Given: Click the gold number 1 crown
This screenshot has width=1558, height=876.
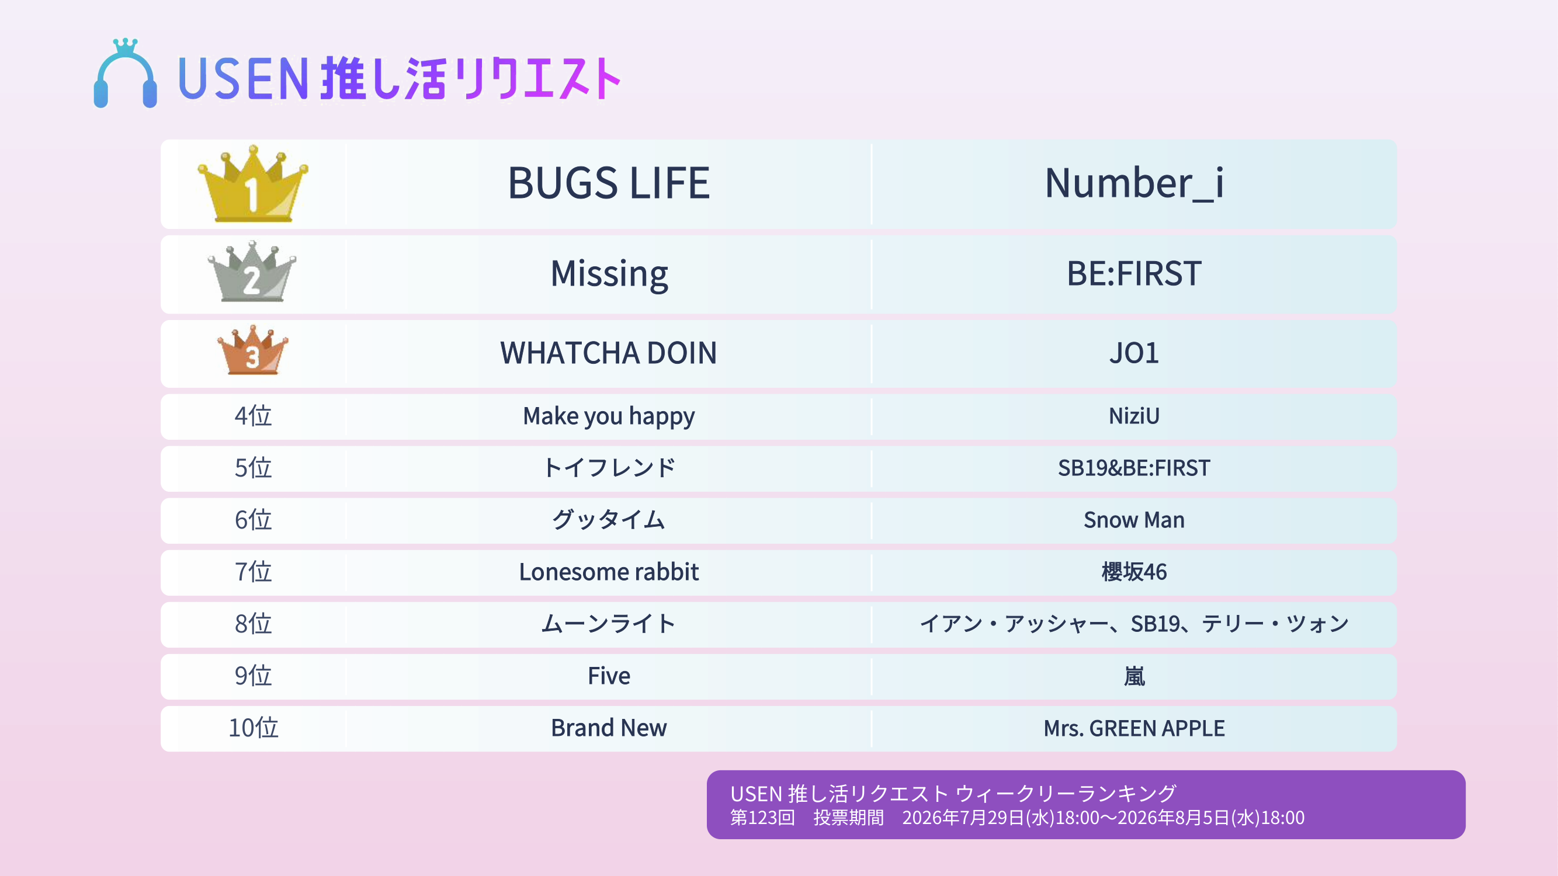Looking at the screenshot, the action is click(x=253, y=184).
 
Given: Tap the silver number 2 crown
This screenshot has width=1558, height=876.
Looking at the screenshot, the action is click(x=252, y=272).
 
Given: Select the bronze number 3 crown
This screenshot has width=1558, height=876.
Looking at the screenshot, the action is click(x=253, y=350).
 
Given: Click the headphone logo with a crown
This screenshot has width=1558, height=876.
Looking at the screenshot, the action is click(x=125, y=74).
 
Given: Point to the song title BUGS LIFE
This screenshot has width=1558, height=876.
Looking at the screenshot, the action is click(x=609, y=183).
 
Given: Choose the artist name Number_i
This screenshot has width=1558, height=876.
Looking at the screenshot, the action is click(x=1134, y=183).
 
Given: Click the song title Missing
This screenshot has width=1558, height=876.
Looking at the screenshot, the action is click(x=609, y=274).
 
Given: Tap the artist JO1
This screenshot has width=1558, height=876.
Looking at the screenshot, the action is click(x=1134, y=353).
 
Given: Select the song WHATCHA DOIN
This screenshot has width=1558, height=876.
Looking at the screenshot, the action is click(x=609, y=353).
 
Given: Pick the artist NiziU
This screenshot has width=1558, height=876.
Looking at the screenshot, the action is click(x=1134, y=416).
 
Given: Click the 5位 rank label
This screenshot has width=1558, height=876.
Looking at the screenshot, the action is click(x=253, y=468).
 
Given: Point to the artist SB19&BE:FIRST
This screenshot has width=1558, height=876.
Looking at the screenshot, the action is click(x=1134, y=468).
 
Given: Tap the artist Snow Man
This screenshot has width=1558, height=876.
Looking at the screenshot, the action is click(x=1134, y=520).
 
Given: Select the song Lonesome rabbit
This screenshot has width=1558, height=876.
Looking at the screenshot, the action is click(x=609, y=572).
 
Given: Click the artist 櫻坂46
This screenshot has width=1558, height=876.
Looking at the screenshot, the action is click(x=1134, y=572).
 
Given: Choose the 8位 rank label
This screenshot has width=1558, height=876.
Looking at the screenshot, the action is click(x=253, y=624).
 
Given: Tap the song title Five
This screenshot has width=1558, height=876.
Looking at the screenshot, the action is click(x=609, y=676).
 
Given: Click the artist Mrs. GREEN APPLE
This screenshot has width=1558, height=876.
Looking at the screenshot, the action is click(x=1134, y=728).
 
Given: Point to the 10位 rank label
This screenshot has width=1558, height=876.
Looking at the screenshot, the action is click(x=253, y=728).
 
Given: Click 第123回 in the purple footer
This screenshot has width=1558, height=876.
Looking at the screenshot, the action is click(x=762, y=818).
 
